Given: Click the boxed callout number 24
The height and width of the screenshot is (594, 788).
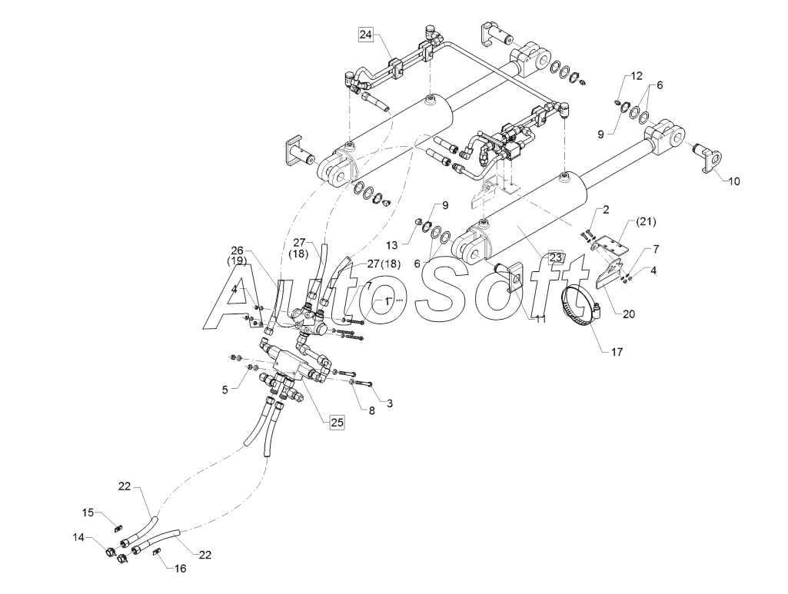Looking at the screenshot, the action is pos(366,35).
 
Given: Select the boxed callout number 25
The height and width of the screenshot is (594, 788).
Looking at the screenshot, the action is pos(337,423).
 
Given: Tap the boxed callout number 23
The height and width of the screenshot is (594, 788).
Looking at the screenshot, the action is pos(555,257).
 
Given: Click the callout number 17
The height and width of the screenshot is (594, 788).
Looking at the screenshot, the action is pos(617,352).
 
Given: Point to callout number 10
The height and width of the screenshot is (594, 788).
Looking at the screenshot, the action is pos(734,181).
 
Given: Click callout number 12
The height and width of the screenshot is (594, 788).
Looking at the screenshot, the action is pos(637,76).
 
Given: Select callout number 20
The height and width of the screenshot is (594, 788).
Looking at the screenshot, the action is pos(629,314).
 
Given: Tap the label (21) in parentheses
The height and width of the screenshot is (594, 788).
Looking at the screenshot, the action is pos(646,221).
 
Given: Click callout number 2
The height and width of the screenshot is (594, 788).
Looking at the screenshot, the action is pos(606,210).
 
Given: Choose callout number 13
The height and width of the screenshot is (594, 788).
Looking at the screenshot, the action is pos(392,245).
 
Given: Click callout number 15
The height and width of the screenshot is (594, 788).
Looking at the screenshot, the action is pos(88,513).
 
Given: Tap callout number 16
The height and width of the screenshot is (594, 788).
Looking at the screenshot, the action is pos(180,569).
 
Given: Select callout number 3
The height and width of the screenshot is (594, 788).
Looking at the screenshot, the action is pos(390,403).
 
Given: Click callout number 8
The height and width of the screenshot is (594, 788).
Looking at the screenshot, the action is pos(372,411).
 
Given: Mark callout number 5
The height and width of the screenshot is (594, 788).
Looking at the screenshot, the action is pos(225,389).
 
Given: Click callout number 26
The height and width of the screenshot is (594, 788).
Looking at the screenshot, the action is pos(238,250).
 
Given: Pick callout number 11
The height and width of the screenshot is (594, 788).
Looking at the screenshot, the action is pos(540,320).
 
